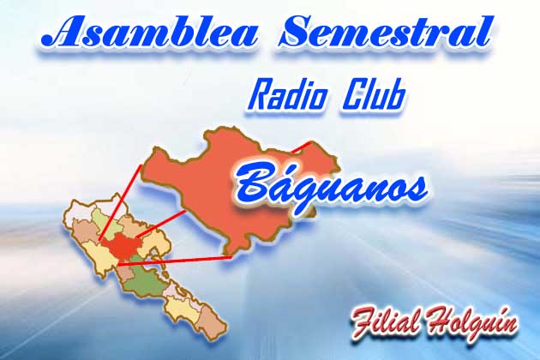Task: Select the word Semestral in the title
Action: tap(384, 32)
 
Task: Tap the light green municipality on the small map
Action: tap(104, 223)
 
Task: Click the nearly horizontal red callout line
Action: tap(175, 261)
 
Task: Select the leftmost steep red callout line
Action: tap(119, 202)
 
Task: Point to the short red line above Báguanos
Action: tap(302, 147)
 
